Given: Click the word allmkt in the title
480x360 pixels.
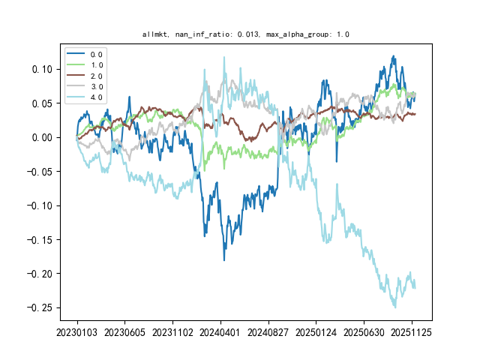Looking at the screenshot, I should [154, 34].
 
